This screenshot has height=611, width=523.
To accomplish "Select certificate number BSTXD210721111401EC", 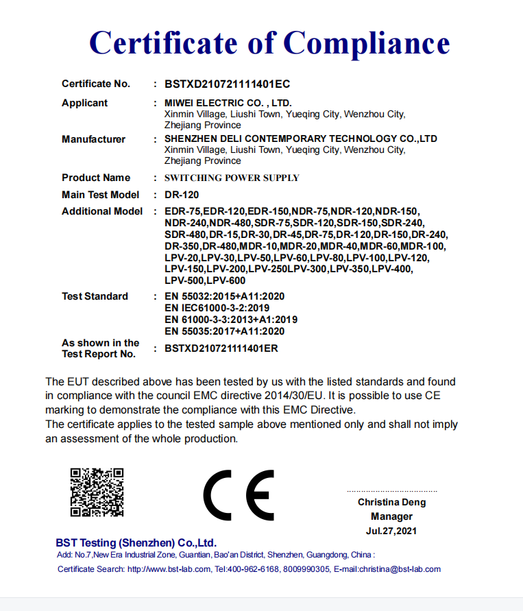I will (x=227, y=84).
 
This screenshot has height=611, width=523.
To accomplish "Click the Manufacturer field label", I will (x=93, y=139).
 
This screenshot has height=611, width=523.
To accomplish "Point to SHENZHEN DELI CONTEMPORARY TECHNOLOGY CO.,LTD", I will (x=301, y=139).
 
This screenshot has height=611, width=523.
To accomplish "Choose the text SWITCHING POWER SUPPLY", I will (x=232, y=178).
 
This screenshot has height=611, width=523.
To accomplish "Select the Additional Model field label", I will (x=102, y=211).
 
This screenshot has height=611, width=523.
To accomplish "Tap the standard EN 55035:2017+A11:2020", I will (x=225, y=331).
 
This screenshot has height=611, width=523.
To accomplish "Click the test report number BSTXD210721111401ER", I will (x=221, y=348).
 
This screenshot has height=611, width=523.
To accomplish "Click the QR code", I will (x=97, y=492).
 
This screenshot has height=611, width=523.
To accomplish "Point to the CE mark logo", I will (x=238, y=495).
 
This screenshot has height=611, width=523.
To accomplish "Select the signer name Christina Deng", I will (x=391, y=503).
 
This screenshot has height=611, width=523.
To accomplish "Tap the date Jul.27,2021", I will (x=391, y=531).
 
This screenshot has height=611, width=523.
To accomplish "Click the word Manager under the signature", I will (x=391, y=516).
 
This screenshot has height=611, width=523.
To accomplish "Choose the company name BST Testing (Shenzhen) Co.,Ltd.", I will (x=136, y=542).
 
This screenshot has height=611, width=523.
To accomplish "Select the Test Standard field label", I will (x=95, y=296).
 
